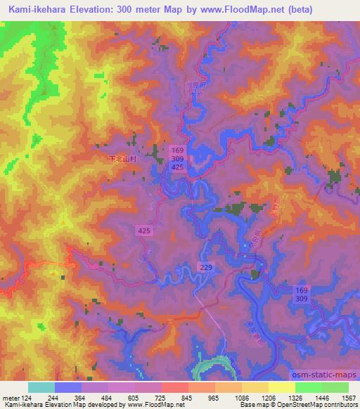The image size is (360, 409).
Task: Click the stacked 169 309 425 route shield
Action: tap(178, 158)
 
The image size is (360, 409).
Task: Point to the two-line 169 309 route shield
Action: tap(302, 294)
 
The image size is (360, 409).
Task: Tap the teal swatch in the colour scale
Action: tap(41, 387)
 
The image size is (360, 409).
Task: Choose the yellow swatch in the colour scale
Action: tap(281, 387)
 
